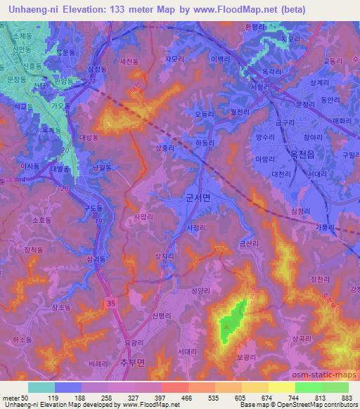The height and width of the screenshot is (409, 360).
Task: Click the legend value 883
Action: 345,397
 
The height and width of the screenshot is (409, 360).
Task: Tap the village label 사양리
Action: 143,218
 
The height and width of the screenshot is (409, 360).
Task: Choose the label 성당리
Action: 201,287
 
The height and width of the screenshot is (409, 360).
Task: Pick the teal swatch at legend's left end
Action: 41,387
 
